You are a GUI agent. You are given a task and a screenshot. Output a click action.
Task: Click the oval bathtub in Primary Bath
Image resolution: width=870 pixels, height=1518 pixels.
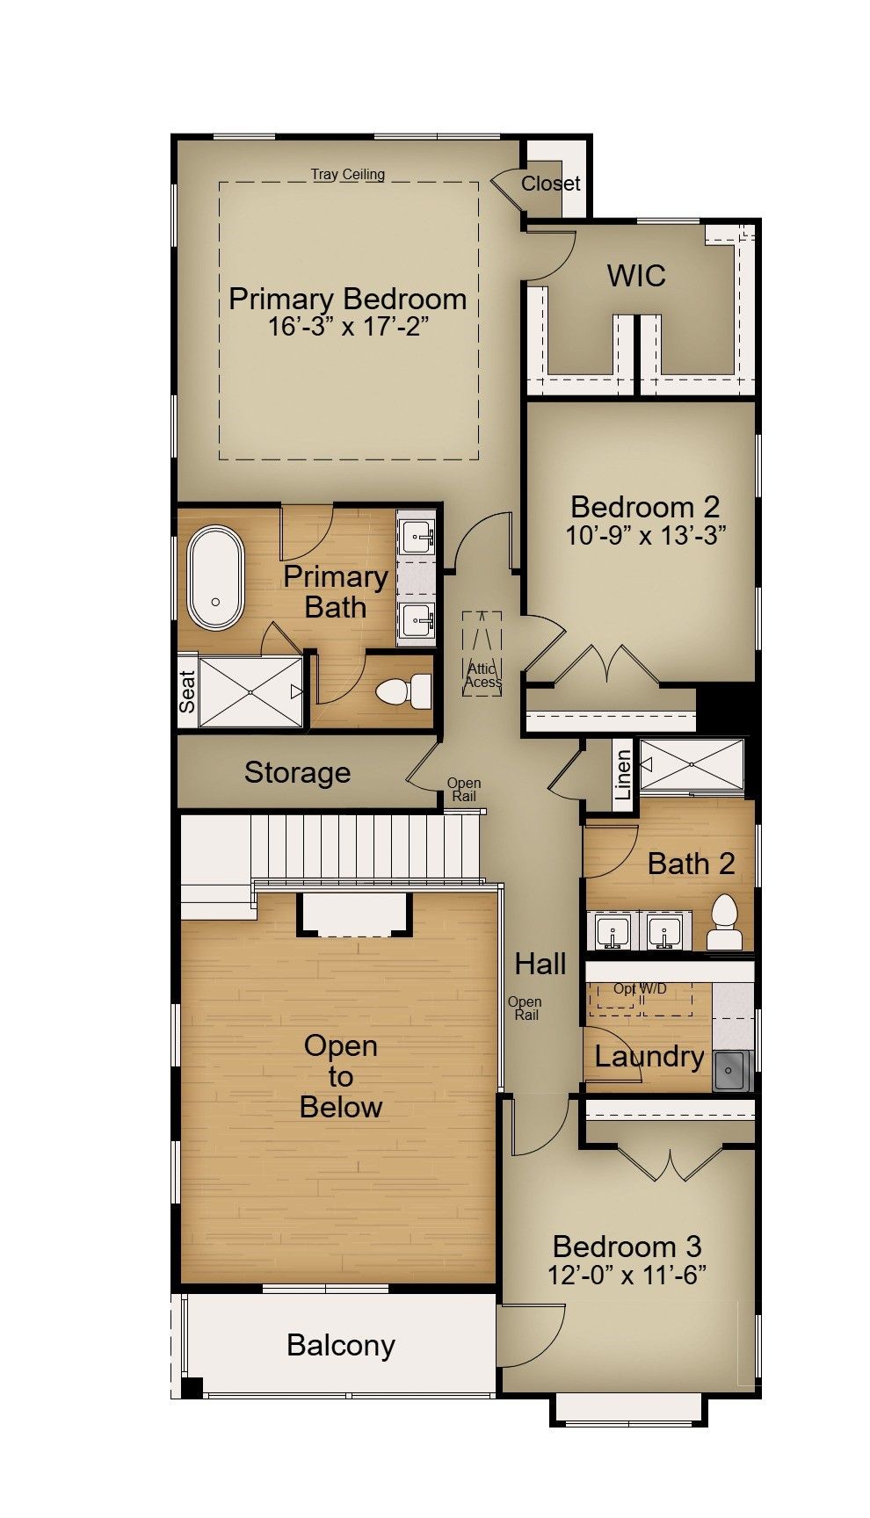coord(215,577)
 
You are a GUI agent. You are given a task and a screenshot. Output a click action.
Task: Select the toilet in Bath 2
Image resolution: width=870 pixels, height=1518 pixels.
coord(725,922)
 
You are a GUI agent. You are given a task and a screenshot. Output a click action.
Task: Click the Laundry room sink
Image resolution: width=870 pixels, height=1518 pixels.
coord(731,1070)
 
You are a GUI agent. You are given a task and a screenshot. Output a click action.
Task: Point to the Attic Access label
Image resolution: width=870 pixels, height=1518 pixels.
coord(482,675)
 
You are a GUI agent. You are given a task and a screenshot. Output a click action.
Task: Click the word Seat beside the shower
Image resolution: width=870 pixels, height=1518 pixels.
coord(187,691)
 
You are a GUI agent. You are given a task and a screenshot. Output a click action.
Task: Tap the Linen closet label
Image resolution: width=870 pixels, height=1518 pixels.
coord(623,774)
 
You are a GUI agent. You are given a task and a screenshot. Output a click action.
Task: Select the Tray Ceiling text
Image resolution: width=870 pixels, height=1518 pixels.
coord(348,174)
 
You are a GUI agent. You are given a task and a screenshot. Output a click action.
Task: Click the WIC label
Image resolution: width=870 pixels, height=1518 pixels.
coord(636,276)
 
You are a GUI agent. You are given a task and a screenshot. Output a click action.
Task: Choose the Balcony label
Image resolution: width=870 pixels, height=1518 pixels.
coord(341,1345)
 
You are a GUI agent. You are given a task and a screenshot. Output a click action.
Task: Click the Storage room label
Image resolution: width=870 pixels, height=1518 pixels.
coord(297,772)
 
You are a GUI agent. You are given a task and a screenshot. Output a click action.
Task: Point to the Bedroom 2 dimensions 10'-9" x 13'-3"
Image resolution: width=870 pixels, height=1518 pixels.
coord(645,535)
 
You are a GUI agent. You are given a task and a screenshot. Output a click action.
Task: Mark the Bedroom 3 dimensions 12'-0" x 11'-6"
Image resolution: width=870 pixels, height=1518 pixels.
coord(627,1275)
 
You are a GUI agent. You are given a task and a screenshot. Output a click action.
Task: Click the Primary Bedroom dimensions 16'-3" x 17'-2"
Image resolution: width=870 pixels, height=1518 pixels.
coord(348,327)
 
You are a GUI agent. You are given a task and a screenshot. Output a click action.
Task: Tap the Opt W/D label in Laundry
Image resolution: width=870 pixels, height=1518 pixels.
coord(640,988)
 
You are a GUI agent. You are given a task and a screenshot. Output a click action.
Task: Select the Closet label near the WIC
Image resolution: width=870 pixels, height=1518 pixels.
coord(551,184)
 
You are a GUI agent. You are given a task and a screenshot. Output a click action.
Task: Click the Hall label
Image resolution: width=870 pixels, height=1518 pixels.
coord(540,964)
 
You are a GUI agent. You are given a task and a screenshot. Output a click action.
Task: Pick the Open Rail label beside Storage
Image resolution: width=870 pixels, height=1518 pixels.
coord(464,790)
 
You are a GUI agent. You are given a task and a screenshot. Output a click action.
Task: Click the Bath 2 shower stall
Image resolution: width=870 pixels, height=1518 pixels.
coord(692,765)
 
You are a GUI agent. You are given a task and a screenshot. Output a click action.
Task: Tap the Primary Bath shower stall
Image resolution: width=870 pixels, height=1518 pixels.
coord(250,691)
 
